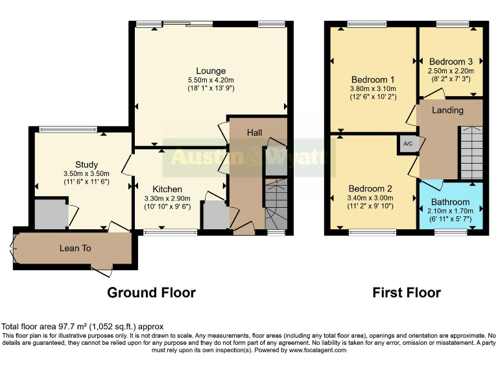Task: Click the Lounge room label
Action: click(211, 71)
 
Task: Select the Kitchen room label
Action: click(167, 189)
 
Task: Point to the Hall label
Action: click(255, 132)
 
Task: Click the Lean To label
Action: click(75, 248)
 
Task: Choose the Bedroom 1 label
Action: click(373, 80)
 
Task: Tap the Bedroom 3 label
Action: click(451, 62)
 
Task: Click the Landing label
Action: click(447, 110)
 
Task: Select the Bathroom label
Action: click(451, 201)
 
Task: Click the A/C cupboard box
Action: click(408, 143)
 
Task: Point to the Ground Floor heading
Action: click(151, 293)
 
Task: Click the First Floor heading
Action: click(407, 293)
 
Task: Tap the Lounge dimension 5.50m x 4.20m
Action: click(211, 80)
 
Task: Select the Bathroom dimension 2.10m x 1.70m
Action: click(451, 210)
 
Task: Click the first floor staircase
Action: click(471, 153)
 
